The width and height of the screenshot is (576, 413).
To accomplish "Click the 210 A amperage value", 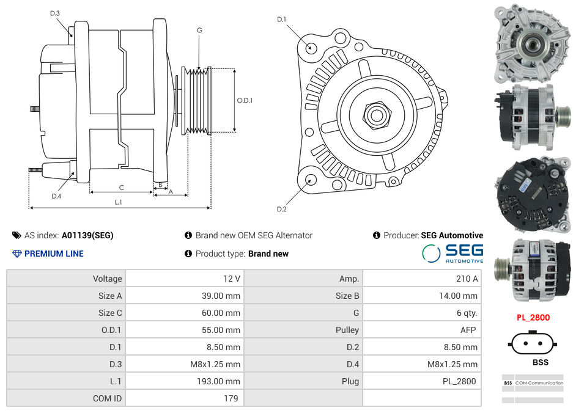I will point(467,279).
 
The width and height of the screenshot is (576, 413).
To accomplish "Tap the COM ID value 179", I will point(230,398).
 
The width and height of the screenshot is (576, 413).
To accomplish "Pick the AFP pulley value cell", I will point(468,330).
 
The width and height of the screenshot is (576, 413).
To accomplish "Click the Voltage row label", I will point(107,279).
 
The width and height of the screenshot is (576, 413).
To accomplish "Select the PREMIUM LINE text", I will point(54,254).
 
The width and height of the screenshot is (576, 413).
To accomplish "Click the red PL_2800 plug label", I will point(533,318).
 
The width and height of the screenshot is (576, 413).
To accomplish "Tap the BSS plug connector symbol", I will point(532,343).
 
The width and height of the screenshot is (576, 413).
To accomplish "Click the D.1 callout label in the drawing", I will point(281,20).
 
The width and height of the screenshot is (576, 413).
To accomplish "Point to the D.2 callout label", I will point(281,210).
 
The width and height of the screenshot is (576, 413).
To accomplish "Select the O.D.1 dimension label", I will point(245,100).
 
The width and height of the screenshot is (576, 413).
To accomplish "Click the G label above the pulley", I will point(199,30).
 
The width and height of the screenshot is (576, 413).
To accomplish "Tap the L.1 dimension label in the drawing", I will point(119,202).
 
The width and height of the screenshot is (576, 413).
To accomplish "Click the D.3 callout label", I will point(55,13).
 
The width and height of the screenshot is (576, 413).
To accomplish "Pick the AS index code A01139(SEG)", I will point(87,235).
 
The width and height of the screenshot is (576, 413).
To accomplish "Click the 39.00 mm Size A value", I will point(223,296).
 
